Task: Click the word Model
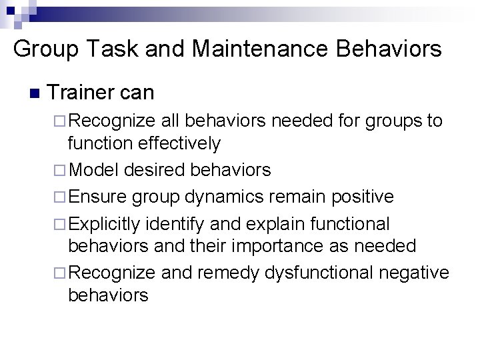coord(93,170)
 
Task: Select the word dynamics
coord(233,197)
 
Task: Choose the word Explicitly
coord(105,224)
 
